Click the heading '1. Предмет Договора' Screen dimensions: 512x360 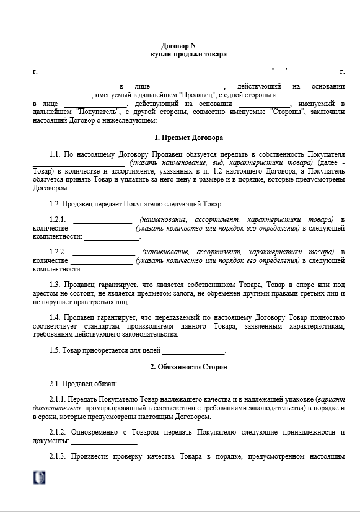pyautogui.click(x=188, y=137)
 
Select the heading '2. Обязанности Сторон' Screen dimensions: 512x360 pyautogui.click(x=188, y=367)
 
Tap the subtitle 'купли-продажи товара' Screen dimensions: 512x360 pyautogui.click(x=188, y=54)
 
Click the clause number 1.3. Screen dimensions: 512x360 pyautogui.click(x=55, y=285)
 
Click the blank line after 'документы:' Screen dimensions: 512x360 pyautogui.click(x=104, y=441)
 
